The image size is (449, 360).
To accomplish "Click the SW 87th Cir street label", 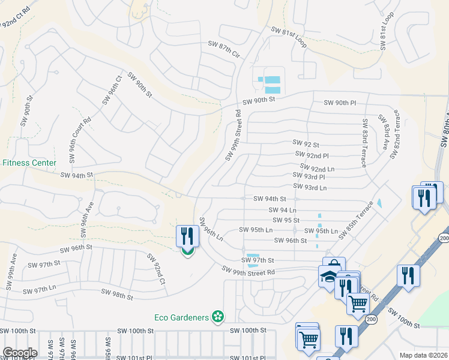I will coord(223,49).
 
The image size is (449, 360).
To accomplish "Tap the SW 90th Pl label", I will coord(340,103).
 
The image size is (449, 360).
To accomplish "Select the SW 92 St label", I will coord(306,143).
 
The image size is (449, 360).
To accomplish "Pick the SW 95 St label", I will coord(285,220).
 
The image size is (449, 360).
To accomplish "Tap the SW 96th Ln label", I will coord(211,229).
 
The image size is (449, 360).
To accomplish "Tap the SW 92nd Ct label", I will coord(155,269).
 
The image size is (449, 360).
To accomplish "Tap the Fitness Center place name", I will coord(29,163).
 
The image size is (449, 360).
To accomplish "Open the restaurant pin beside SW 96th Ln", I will coord(187,236).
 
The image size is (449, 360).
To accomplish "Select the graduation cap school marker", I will coord(328,276).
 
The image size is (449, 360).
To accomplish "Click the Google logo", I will coord(20,353).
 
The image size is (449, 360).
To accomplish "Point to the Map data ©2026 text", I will coord(423,355).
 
